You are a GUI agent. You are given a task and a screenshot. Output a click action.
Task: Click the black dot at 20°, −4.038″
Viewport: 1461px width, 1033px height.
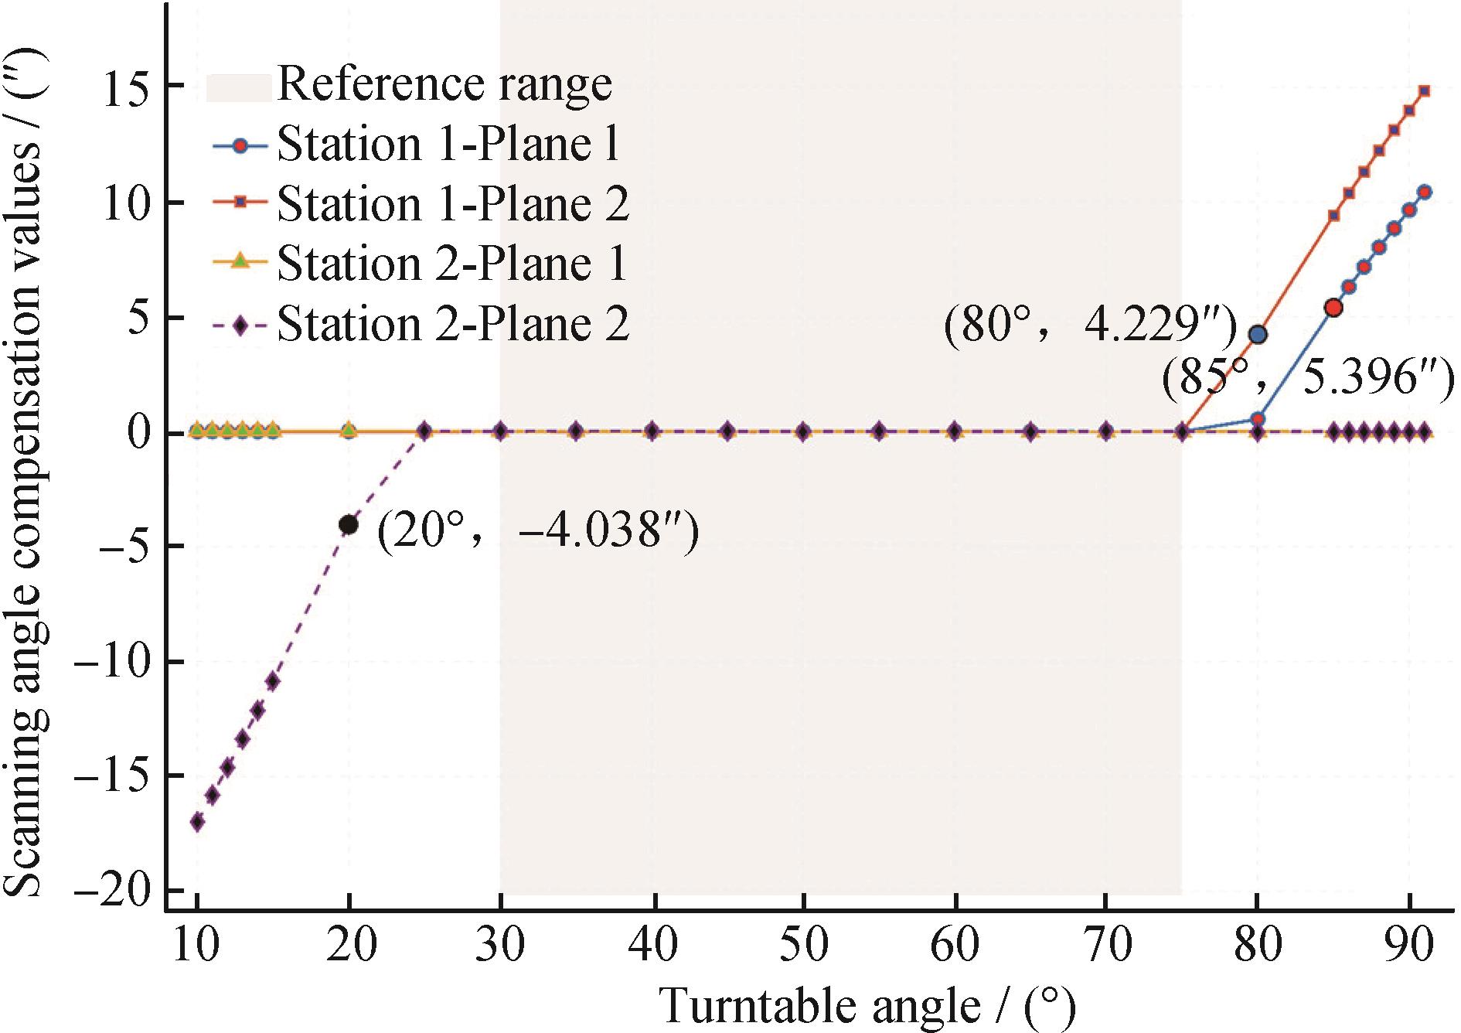point(349,525)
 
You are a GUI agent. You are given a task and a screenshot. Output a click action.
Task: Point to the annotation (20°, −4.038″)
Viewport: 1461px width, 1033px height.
point(538,532)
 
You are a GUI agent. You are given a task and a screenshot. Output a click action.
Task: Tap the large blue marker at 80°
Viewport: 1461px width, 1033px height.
point(1258,335)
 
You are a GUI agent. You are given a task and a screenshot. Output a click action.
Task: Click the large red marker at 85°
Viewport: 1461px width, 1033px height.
point(1333,308)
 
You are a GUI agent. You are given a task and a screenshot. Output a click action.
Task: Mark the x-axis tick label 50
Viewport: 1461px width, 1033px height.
point(804,944)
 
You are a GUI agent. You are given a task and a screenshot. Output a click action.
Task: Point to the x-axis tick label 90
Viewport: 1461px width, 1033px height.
point(1408,944)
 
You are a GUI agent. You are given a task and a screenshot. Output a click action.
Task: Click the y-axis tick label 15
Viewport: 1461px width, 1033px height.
point(128,87)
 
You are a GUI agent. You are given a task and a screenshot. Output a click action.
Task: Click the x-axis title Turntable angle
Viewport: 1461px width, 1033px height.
point(866,1006)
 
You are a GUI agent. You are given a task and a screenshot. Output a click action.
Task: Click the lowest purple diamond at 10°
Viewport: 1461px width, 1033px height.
point(198,822)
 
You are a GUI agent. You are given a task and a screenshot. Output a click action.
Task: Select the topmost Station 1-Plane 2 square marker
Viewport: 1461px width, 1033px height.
point(1425,91)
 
